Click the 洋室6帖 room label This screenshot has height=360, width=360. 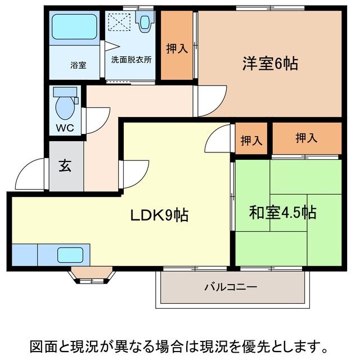[x=270, y=64]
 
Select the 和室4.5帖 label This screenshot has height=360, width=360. [x=282, y=213]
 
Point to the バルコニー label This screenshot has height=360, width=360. [x=230, y=287]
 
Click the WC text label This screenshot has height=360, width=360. [x=65, y=127]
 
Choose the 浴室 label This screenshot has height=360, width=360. [x=78, y=65]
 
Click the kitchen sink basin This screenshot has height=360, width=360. [x=73, y=255]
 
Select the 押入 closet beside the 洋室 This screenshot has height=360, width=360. [x=177, y=48]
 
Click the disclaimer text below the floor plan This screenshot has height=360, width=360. [x=180, y=344]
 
